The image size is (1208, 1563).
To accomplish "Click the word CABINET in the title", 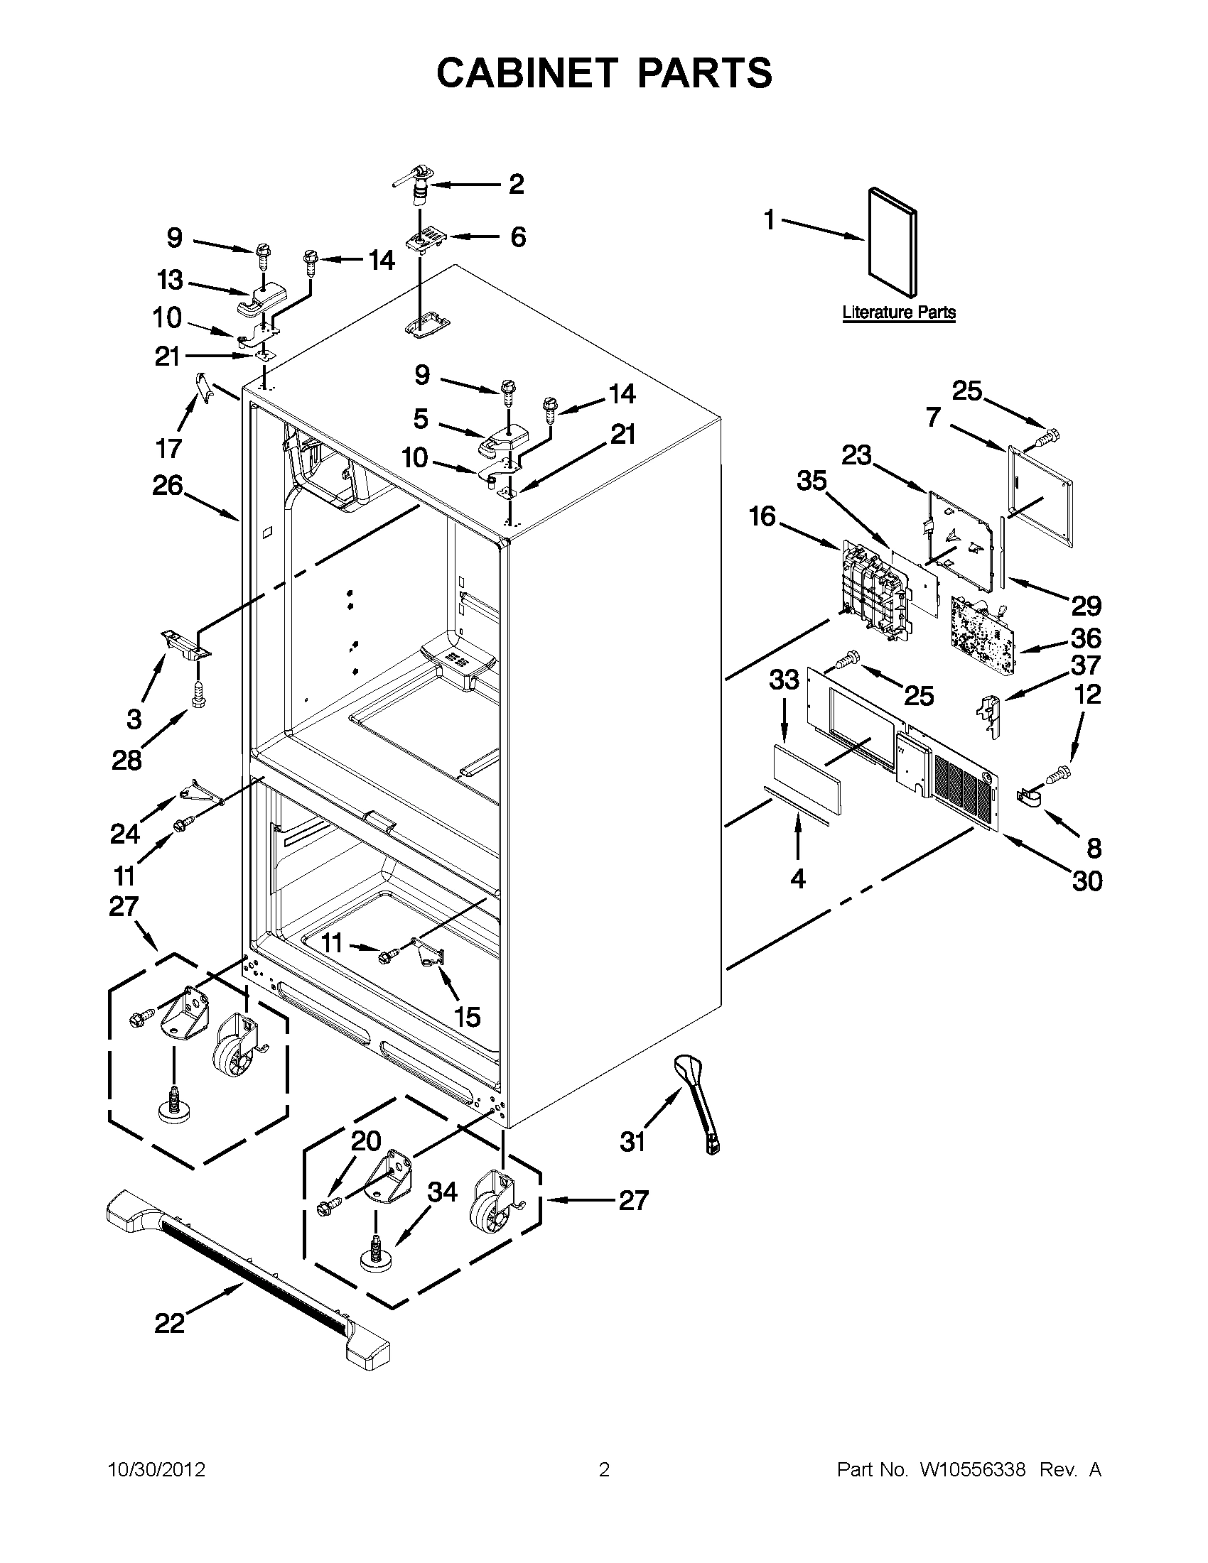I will tap(527, 72).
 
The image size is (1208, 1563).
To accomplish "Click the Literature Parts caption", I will tap(899, 312).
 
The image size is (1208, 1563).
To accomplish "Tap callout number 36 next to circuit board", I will tap(1086, 638).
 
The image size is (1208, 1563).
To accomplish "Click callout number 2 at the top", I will tap(517, 184).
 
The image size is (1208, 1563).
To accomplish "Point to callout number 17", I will tap(169, 449).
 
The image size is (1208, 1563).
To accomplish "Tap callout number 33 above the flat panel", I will tap(783, 679).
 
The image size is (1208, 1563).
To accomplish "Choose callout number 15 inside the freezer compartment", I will tap(467, 1016).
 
